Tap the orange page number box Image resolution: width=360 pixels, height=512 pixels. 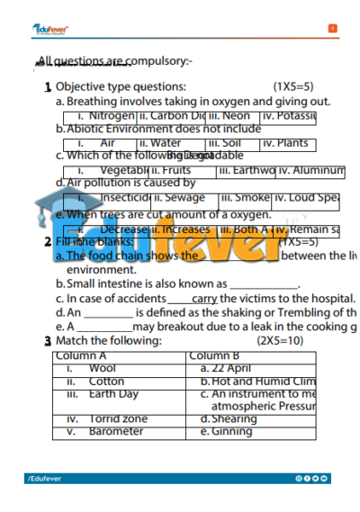point(333,29)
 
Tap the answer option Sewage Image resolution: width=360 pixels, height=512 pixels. point(184,197)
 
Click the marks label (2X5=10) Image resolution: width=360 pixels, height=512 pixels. point(281,341)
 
